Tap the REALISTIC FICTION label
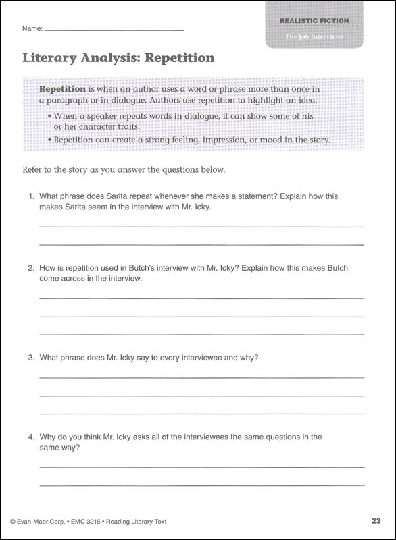314,21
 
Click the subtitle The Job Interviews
314,36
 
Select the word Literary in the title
51,58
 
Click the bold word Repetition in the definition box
62,89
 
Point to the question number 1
31,196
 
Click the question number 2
31,268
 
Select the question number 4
31,437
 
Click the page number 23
376,520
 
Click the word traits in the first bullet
130,126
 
